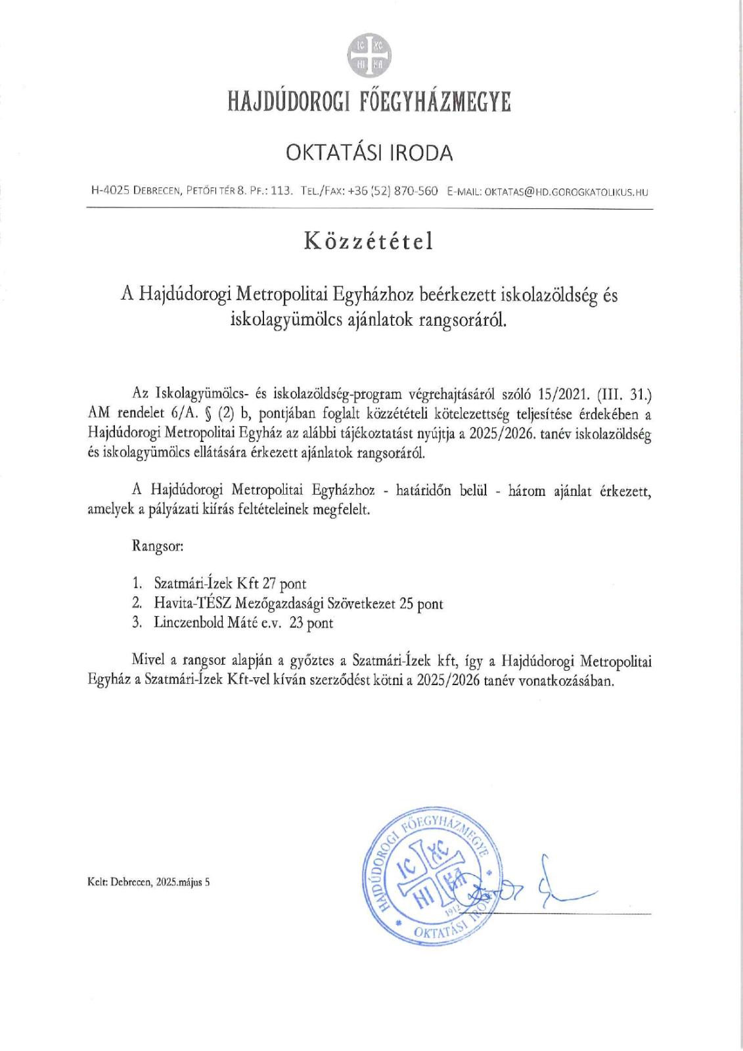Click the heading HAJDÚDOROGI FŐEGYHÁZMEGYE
pyautogui.click(x=369, y=103)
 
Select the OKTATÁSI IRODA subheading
pyautogui.click(x=369, y=153)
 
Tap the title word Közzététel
pyautogui.click(x=369, y=242)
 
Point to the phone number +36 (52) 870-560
pyautogui.click(x=393, y=192)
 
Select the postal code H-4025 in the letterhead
pyautogui.click(x=110, y=192)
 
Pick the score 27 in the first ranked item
pyautogui.click(x=269, y=583)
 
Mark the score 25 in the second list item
pyautogui.click(x=406, y=603)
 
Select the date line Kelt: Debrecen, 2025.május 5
pyautogui.click(x=149, y=883)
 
